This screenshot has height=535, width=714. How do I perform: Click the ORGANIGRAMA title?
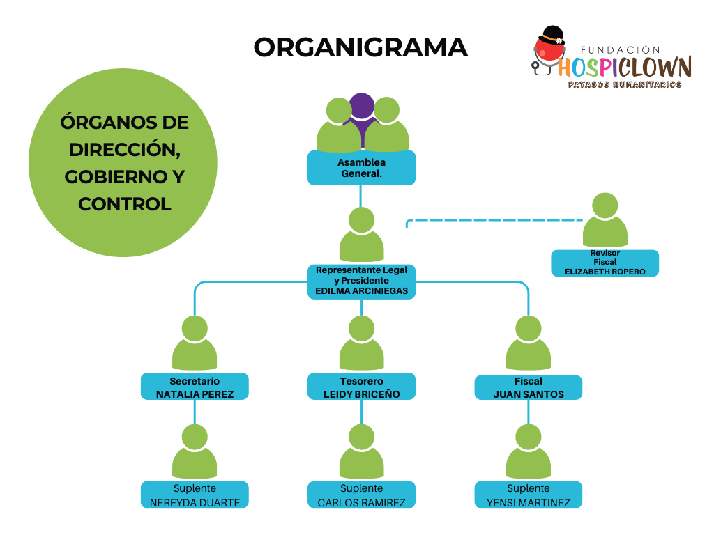click(360, 47)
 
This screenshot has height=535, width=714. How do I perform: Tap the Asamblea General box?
click(361, 168)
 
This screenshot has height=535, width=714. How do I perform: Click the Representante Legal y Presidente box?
click(361, 281)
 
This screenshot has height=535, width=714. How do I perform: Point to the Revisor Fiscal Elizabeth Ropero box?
click(605, 263)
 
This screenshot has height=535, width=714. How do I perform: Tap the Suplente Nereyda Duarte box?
click(195, 495)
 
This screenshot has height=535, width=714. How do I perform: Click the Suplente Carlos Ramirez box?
click(361, 495)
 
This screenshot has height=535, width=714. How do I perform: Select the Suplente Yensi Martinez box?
click(528, 495)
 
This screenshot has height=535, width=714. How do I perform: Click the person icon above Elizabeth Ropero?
click(605, 222)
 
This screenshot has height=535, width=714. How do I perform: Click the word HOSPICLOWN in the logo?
click(625, 67)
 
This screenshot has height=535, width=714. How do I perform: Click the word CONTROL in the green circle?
click(125, 204)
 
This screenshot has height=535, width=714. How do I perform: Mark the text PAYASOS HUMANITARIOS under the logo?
click(625, 84)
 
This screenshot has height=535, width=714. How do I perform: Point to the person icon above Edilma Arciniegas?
click(361, 235)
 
